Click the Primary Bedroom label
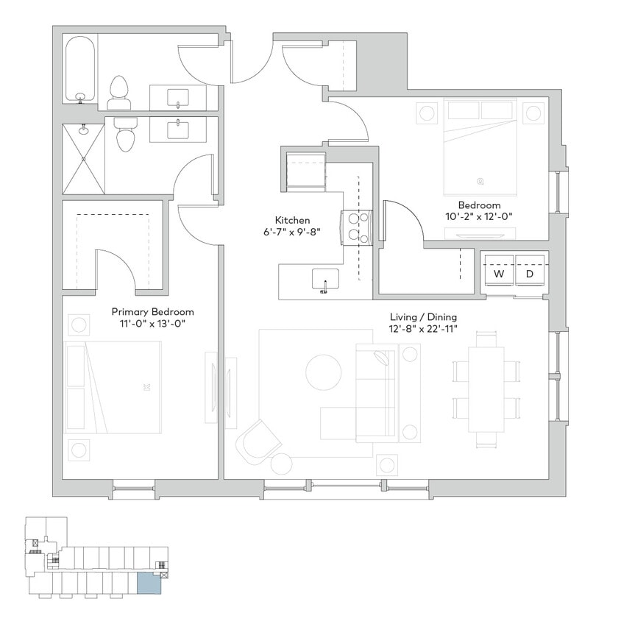pos(152,311)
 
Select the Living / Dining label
pos(423,317)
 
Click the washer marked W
pos(499,274)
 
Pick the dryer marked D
pos(529,274)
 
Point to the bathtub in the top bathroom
pos(79,70)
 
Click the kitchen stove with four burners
pos(356,227)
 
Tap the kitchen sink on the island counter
pos(324,280)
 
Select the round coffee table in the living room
pos(324,372)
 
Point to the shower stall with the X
pos(83,158)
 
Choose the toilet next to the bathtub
pos(118,93)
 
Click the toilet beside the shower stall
pos(126,135)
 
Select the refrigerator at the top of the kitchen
pos(305,171)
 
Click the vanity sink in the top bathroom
pos(178,97)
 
